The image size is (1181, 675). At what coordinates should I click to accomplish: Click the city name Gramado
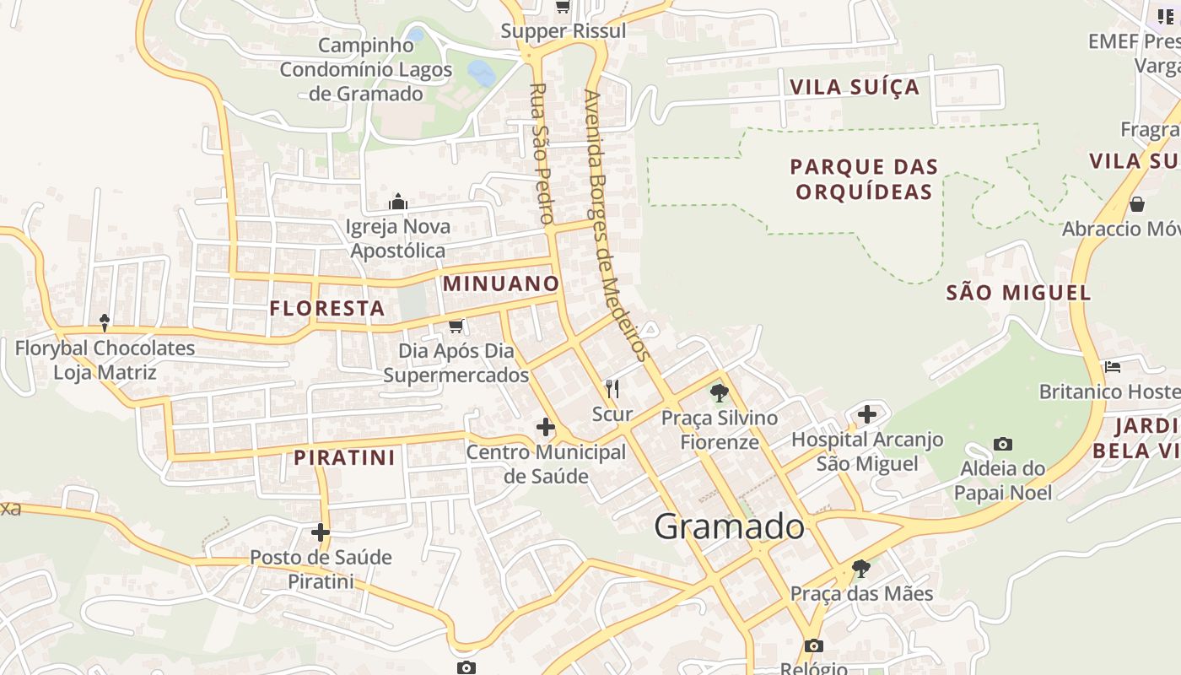pos(730,526)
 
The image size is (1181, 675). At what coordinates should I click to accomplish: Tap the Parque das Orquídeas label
pos(865,179)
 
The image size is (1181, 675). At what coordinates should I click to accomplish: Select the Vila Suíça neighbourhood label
pos(854,87)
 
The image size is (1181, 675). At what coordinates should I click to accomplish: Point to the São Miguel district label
pos(1018,293)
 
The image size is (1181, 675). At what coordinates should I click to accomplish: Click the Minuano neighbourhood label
pos(501,283)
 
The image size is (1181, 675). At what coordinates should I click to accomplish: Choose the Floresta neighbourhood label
pos(327,309)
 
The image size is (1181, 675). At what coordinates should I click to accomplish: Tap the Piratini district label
pos(344,458)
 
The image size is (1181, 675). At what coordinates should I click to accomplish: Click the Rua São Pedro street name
pos(542,152)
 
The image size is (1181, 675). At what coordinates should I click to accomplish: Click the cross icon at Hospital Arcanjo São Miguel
pos(867,414)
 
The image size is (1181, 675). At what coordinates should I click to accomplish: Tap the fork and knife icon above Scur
pos(612,389)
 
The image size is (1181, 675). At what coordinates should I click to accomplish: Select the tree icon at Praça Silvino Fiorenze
pos(720,392)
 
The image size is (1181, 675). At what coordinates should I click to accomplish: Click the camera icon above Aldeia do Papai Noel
pos(1003,444)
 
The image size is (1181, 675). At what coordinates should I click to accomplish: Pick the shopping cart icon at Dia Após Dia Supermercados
pos(456,326)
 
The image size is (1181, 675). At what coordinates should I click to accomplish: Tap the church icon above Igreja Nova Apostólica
pos(398,202)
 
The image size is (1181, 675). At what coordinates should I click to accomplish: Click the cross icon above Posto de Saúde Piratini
pos(321,532)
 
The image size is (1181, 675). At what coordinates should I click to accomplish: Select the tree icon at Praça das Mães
pos(860,568)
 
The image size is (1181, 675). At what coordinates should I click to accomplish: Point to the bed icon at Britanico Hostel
pos(1113,367)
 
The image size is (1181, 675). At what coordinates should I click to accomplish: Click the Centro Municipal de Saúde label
pos(547,464)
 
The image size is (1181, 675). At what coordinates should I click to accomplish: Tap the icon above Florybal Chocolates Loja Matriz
pos(105,322)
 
